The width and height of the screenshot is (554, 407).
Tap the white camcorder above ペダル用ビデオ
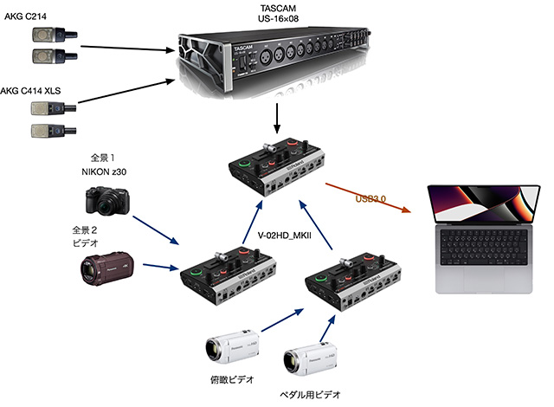click(310, 357)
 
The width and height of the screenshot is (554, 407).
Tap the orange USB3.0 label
click(370, 200)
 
